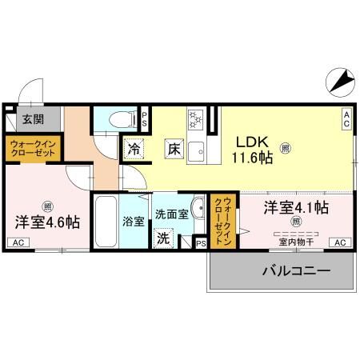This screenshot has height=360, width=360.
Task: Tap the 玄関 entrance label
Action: tap(33, 119)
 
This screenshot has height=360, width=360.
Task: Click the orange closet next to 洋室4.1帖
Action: tap(222, 220)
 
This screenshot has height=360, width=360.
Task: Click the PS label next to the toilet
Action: tap(144, 119)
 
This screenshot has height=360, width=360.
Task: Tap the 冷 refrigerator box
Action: tap(133, 150)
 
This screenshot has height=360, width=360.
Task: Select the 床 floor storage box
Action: tap(174, 148)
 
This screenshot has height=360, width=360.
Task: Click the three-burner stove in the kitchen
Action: tap(194, 119)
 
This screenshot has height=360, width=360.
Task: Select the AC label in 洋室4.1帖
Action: tap(338, 242)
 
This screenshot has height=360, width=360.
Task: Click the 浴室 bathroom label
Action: tap(133, 221)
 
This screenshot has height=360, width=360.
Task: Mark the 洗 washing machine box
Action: tap(162, 238)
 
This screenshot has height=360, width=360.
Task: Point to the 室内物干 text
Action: tap(295, 241)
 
